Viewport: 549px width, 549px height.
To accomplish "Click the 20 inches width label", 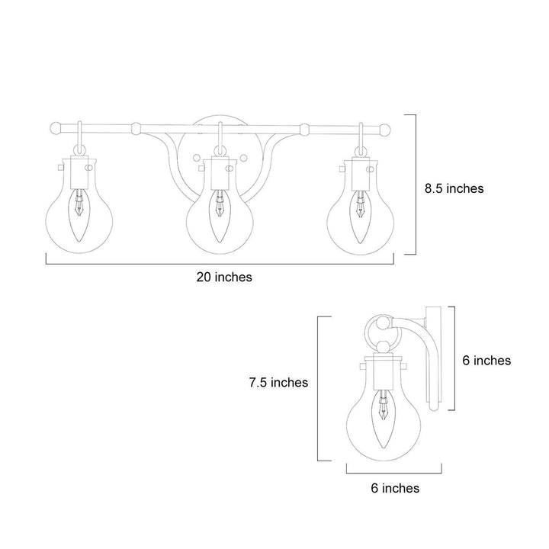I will [x=224, y=278].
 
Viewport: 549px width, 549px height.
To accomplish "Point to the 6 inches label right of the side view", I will [x=487, y=361].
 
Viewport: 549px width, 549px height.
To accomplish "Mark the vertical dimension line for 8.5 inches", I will [x=415, y=184].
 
